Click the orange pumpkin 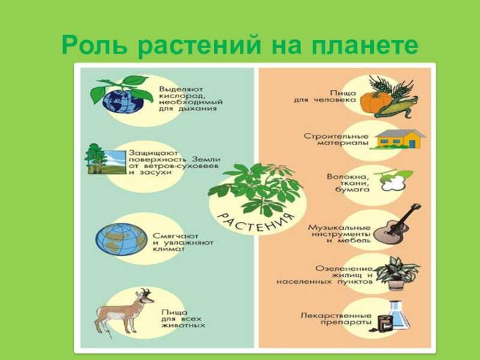(375, 103)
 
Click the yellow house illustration (397, 139)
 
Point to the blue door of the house (412, 143)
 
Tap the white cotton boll (394, 182)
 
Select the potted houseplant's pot (396, 284)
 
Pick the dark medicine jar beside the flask (385, 323)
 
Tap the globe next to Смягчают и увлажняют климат (122, 239)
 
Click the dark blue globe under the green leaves (123, 101)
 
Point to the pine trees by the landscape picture (95, 158)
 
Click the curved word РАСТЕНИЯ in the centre (256, 223)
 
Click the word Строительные (336, 136)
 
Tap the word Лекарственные (336, 316)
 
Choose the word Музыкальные (339, 228)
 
